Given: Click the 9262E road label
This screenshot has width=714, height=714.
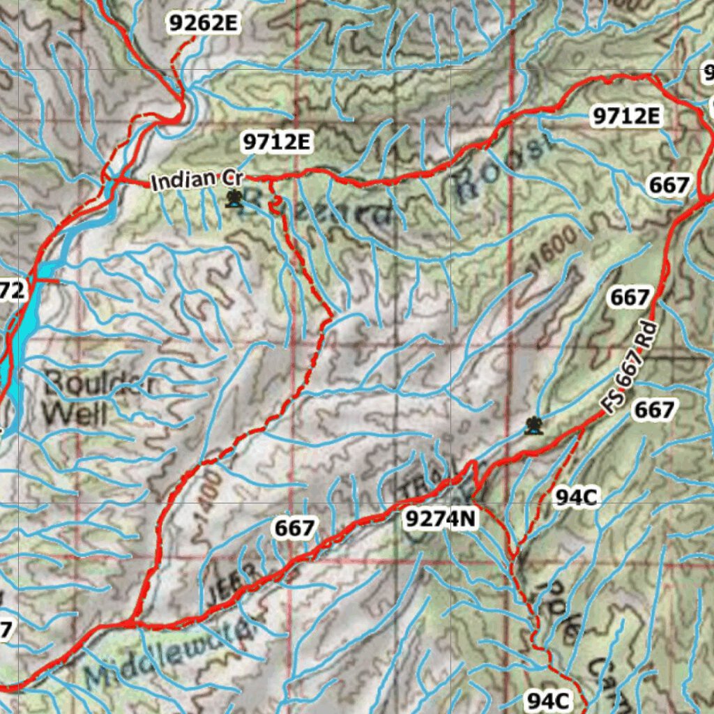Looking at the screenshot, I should (x=203, y=24).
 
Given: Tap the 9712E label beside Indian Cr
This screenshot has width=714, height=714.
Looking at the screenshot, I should (x=276, y=142).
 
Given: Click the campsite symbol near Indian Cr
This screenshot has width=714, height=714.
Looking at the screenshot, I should (x=235, y=199).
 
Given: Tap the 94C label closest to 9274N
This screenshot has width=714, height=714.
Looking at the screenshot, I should (x=576, y=496).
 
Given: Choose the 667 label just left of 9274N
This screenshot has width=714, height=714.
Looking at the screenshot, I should (x=294, y=529).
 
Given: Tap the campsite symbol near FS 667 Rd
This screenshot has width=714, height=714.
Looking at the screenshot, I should (x=533, y=425).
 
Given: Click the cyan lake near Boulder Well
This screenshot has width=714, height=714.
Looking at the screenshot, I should (x=21, y=328).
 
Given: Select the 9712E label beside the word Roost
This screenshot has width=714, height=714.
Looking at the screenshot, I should (x=625, y=116).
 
